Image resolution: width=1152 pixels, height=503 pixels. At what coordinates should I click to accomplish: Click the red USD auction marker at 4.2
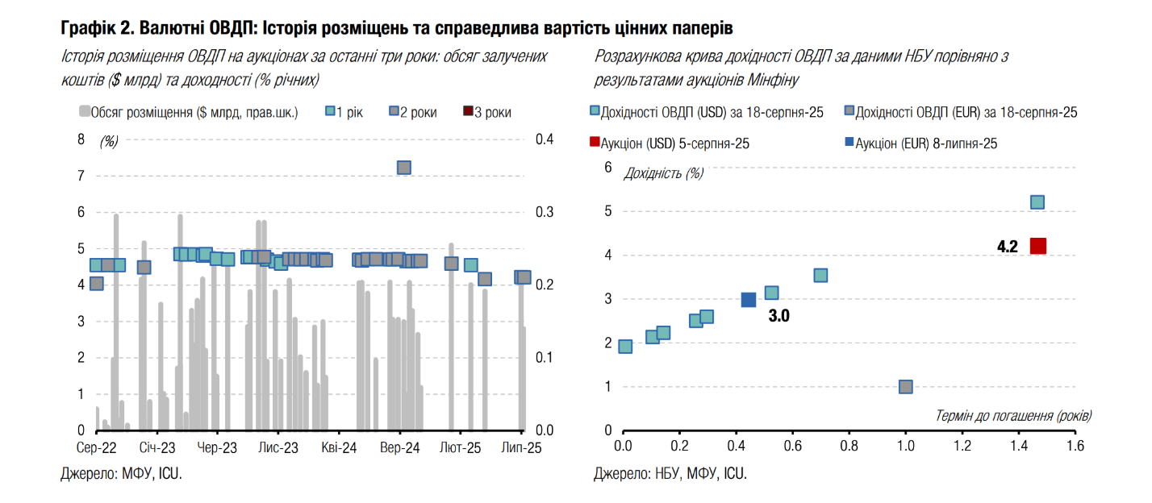(x=1037, y=246)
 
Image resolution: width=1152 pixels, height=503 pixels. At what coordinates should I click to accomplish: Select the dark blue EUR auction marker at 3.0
(x=749, y=300)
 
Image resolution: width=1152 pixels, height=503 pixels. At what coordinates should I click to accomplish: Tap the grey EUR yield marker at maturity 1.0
(x=905, y=387)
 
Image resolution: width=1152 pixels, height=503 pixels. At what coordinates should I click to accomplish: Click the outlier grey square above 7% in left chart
(x=404, y=168)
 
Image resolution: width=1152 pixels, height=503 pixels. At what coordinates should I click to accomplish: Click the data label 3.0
(x=778, y=317)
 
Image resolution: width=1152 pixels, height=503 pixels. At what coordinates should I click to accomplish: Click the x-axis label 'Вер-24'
(x=400, y=448)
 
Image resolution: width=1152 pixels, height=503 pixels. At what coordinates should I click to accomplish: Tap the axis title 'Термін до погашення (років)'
(x=1013, y=416)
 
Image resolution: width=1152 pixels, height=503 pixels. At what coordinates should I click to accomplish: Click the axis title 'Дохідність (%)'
(x=664, y=173)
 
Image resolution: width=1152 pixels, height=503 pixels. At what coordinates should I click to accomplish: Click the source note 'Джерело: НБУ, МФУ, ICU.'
(x=670, y=474)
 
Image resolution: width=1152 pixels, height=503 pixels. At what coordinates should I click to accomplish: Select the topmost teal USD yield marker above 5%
(x=1037, y=202)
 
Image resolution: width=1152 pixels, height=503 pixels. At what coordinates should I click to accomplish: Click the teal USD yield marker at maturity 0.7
(x=820, y=276)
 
